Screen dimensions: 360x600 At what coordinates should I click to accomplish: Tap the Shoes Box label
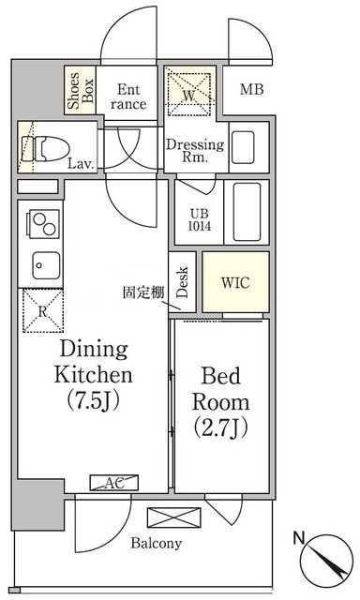[x=80, y=90]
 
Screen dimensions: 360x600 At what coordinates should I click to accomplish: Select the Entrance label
[x=128, y=97]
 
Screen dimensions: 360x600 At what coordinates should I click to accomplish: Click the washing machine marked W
[x=189, y=94]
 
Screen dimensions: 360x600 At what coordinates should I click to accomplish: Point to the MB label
[x=252, y=89]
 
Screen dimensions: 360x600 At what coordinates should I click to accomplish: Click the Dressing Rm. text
[x=195, y=150]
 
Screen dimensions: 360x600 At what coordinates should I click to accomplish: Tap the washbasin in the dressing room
[x=244, y=147]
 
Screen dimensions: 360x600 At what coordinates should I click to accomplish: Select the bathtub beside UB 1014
[x=247, y=212]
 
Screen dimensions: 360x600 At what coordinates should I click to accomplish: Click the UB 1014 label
[x=199, y=219]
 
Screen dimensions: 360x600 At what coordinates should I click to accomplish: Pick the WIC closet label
[x=235, y=283]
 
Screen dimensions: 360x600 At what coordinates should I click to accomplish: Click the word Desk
[x=183, y=282]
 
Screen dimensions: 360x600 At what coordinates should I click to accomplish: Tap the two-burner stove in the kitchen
[x=43, y=224]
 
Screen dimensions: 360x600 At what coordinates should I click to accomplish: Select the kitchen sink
[x=46, y=265]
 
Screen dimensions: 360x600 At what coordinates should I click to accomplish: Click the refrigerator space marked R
[x=43, y=310]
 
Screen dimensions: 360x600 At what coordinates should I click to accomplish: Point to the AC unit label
[x=114, y=483]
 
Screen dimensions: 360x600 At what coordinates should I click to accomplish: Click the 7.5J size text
[x=94, y=400]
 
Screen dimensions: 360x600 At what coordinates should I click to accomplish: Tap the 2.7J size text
[x=220, y=427]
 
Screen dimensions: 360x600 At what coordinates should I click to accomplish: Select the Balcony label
[x=156, y=543]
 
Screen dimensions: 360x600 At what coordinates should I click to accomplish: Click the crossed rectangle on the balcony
[x=174, y=517]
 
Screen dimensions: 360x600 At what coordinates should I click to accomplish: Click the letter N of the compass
[x=299, y=538]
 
